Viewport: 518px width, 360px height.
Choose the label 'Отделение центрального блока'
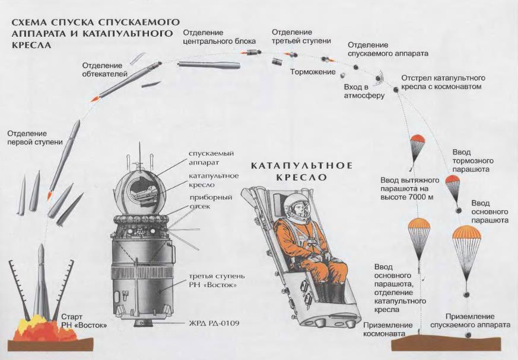point(219,37)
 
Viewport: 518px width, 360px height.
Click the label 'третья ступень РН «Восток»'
point(208,281)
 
